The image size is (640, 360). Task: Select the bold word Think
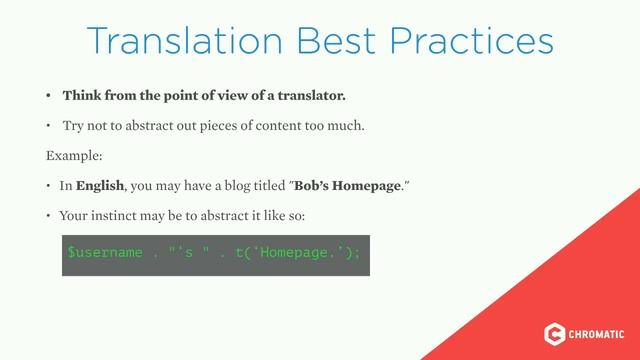point(83,96)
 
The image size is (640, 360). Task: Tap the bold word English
point(99,186)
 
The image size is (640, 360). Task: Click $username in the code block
point(105,252)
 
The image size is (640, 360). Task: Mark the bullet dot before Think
point(47,97)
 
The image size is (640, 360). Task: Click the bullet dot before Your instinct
point(47,216)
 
